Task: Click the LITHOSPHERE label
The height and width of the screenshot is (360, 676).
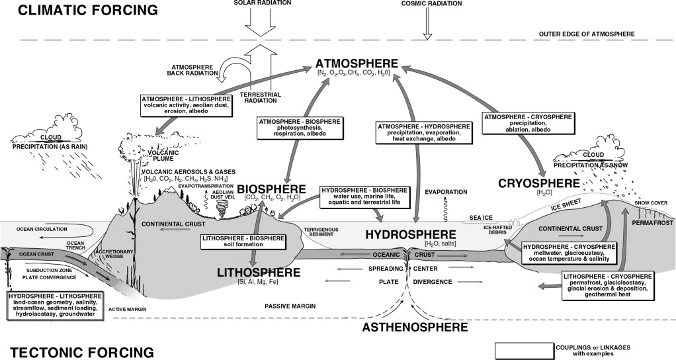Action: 262,273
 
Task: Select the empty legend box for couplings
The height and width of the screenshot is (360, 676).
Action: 524,349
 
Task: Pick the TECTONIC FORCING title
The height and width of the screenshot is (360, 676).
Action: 78,350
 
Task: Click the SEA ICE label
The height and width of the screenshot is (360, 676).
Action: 482,216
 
